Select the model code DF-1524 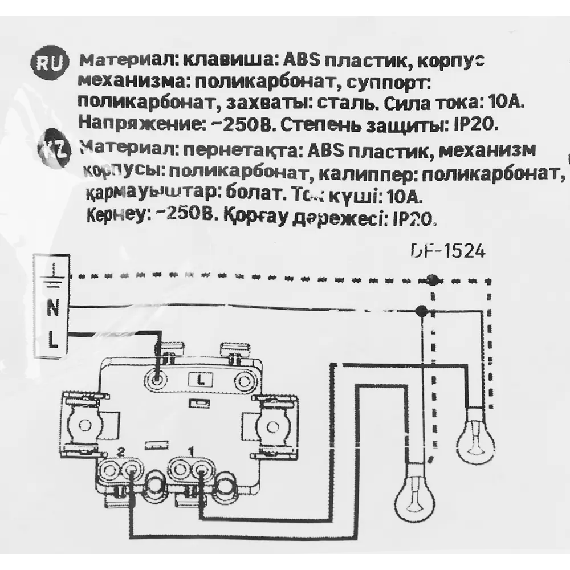[x=447, y=251]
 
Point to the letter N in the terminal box [x=52, y=311]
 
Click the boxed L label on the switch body [x=201, y=378]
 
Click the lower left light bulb [x=416, y=491]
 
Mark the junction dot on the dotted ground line [x=431, y=279]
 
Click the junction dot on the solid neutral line [x=421, y=311]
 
